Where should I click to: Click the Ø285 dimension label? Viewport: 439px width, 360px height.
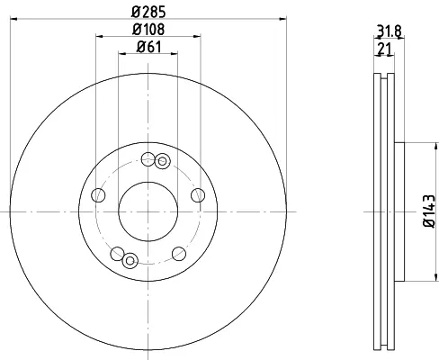(148, 12)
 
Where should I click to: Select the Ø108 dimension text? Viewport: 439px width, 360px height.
(148, 30)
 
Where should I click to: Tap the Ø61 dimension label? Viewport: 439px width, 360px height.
(148, 47)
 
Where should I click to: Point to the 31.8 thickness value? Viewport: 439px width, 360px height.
(389, 31)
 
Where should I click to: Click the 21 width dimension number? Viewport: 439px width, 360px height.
(384, 49)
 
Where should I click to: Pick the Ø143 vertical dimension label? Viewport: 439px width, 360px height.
(429, 211)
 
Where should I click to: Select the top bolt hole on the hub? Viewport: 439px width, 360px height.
(148, 159)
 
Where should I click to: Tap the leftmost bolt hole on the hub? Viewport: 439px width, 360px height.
(98, 195)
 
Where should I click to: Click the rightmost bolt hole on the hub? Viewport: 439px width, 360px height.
(198, 195)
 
